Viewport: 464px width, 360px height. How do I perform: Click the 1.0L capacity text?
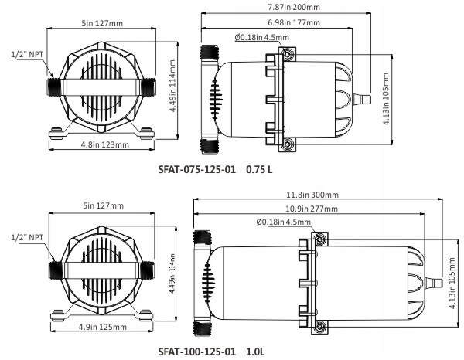pyautogui.click(x=256, y=352)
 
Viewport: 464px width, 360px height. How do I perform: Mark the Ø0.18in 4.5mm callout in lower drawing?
pyautogui.click(x=282, y=222)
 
